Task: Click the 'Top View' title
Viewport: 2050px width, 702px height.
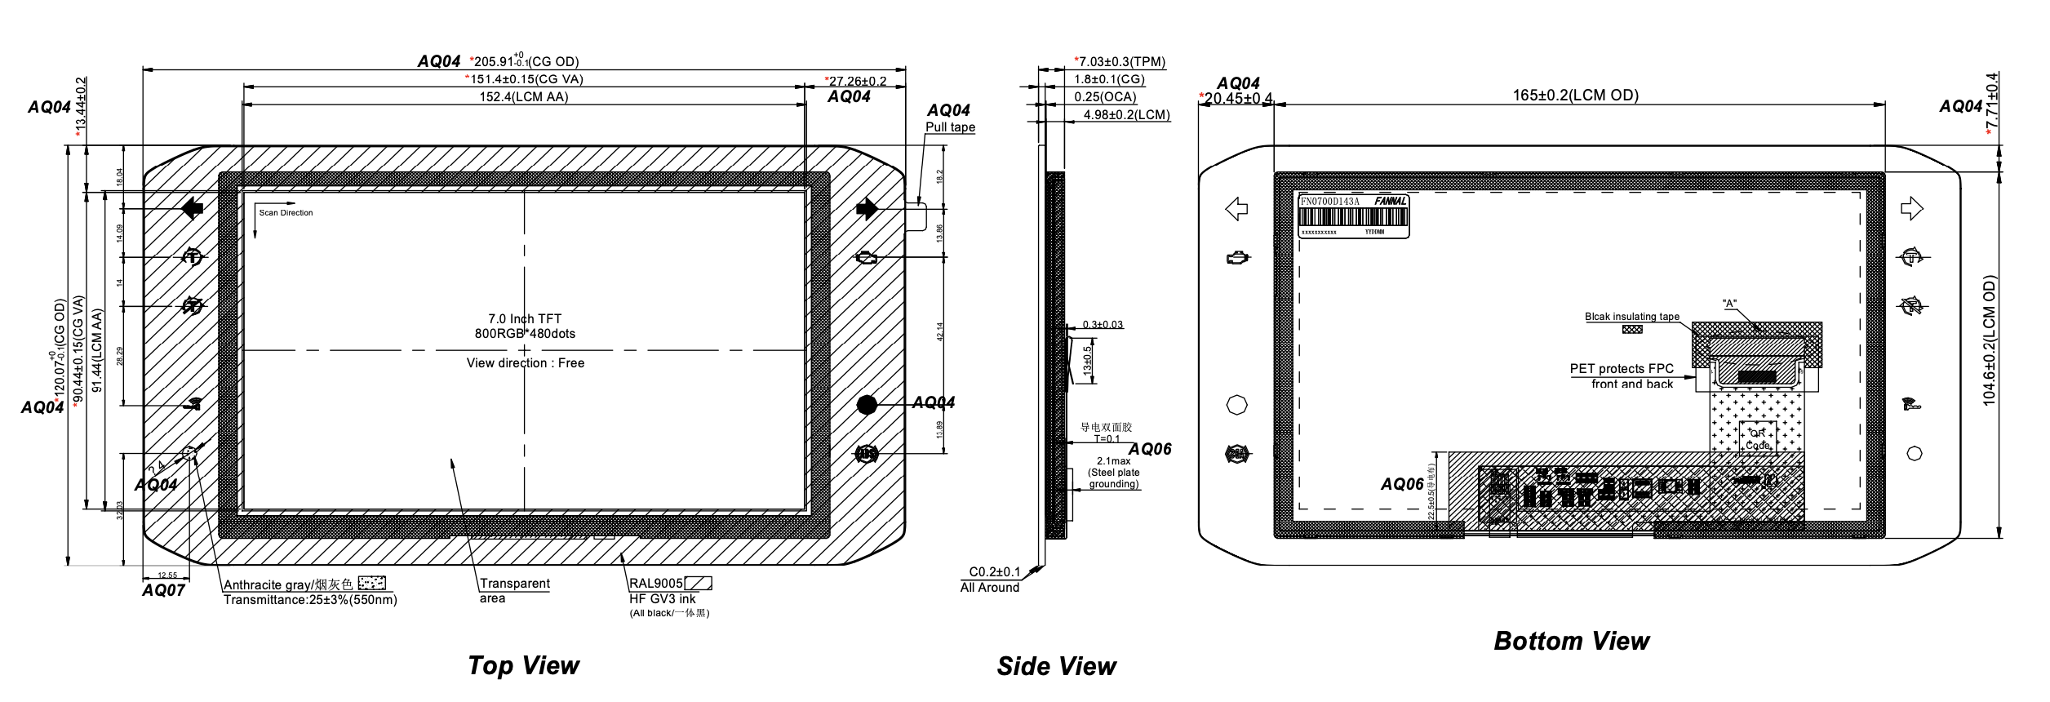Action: click(x=523, y=665)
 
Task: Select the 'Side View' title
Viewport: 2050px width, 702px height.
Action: click(x=1056, y=666)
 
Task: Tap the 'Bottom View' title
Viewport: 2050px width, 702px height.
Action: click(x=1571, y=641)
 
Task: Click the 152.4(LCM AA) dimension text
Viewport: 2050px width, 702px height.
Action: click(x=523, y=97)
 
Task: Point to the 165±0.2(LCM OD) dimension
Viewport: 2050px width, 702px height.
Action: click(x=1575, y=95)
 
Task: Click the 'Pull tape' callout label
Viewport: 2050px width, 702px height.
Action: click(x=950, y=127)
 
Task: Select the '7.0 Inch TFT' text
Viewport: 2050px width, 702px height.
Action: click(x=525, y=319)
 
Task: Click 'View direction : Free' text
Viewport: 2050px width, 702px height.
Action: click(x=526, y=363)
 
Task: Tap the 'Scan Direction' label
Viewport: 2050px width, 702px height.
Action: click(x=286, y=213)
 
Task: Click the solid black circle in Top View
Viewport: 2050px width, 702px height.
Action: click(x=867, y=404)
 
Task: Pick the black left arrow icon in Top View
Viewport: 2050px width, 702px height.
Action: click(x=192, y=209)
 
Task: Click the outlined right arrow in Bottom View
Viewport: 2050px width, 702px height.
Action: click(x=1912, y=209)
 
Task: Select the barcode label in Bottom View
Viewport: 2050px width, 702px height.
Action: click(x=1354, y=216)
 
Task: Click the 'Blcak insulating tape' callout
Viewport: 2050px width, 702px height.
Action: click(x=1632, y=317)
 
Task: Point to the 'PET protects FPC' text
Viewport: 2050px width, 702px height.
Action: click(x=1622, y=369)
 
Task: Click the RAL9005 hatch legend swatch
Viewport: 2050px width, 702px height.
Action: click(x=698, y=584)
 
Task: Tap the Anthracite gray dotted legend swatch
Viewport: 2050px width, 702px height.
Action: click(x=372, y=584)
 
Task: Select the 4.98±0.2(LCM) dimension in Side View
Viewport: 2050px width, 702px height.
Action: click(x=1126, y=115)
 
